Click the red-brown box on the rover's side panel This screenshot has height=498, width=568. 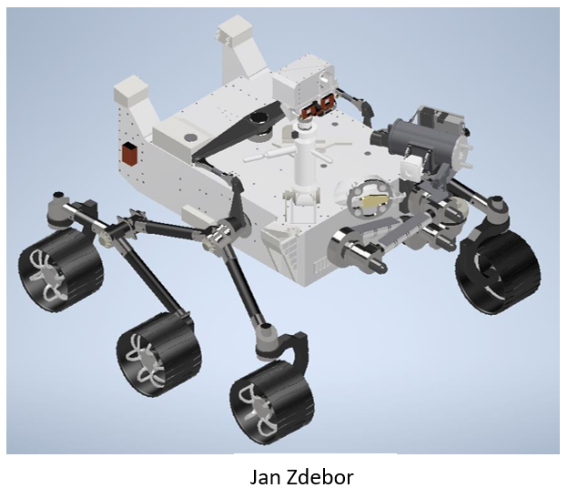point(129,154)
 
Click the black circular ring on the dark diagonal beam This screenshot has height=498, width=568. point(259,118)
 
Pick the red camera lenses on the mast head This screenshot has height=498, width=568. point(318,107)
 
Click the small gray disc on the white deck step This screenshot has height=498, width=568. point(190,137)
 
